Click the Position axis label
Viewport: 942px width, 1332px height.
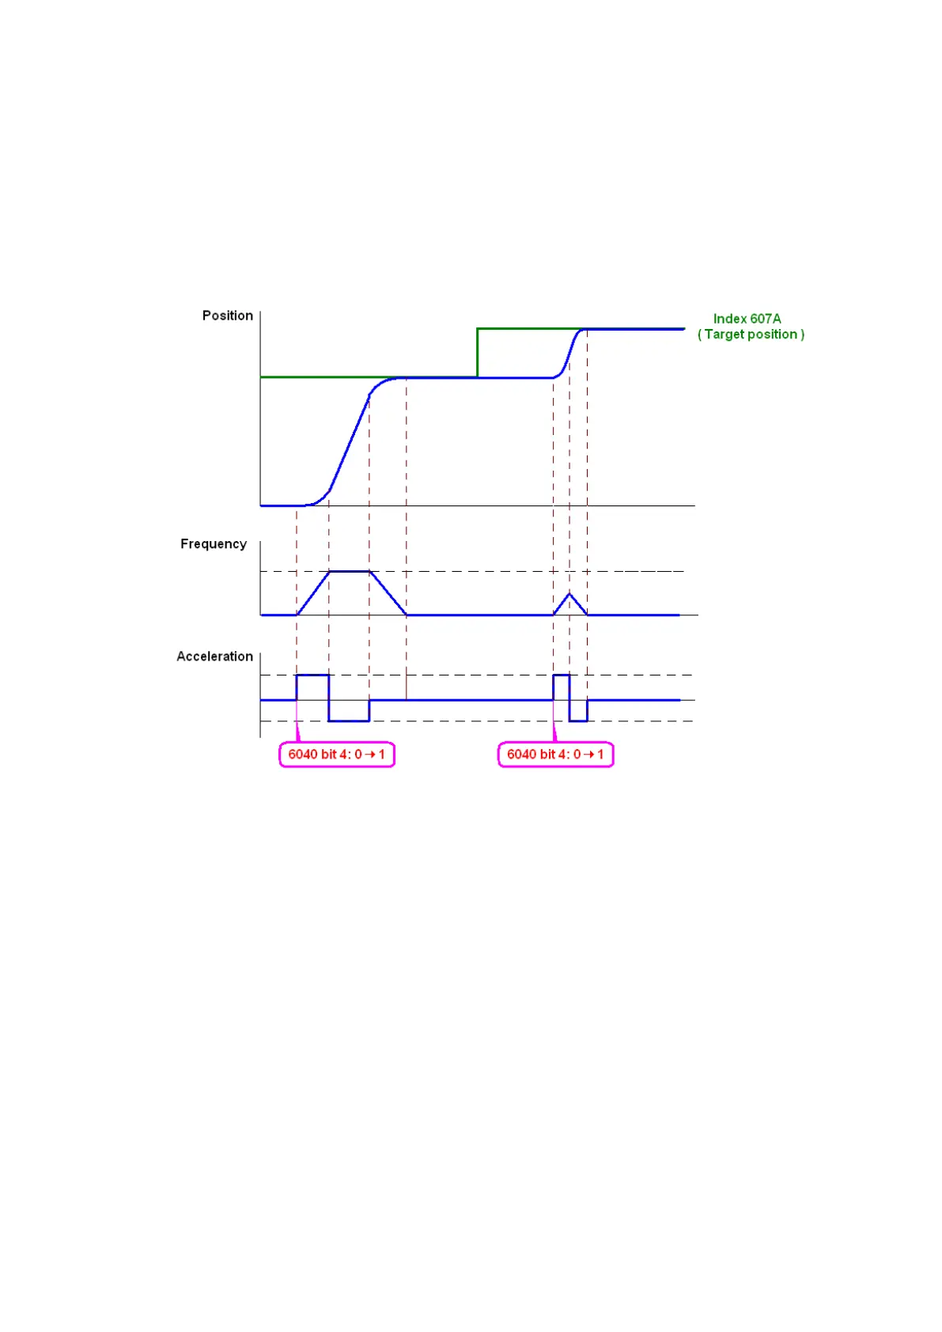(x=227, y=316)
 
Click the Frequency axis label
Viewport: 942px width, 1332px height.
(x=213, y=544)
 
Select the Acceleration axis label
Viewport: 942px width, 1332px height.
(x=214, y=657)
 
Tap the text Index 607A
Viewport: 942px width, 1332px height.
(x=747, y=319)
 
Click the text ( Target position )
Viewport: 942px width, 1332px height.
(x=751, y=335)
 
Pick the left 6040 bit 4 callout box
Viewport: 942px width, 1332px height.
(x=336, y=755)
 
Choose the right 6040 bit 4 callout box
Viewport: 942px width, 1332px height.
(x=555, y=755)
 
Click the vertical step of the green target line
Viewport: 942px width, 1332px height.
(x=477, y=352)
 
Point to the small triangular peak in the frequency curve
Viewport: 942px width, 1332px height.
(x=569, y=594)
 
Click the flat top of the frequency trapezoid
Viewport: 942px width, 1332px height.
(x=349, y=571)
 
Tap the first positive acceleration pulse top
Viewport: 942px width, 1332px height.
(x=312, y=675)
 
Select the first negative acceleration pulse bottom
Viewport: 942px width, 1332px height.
(x=349, y=721)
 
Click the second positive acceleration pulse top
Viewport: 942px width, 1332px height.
(x=561, y=675)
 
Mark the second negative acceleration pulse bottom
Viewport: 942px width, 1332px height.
(x=578, y=721)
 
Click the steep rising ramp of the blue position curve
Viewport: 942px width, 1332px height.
(x=349, y=443)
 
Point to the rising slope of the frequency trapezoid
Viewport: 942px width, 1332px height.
(x=313, y=592)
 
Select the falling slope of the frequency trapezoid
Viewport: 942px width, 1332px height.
(x=388, y=592)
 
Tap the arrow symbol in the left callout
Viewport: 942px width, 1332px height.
(x=369, y=755)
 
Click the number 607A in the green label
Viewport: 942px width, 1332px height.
(x=766, y=319)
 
